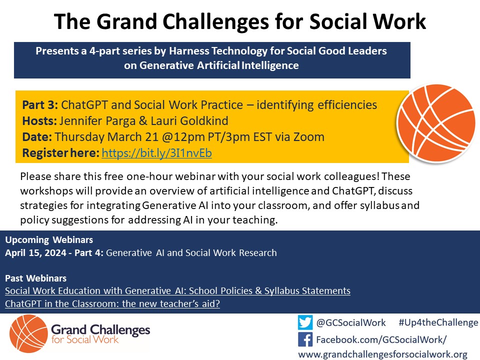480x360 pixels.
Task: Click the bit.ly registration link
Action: [156, 153]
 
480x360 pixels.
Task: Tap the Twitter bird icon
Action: [305, 322]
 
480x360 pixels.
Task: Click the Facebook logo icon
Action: [305, 340]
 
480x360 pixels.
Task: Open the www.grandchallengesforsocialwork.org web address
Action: [382, 354]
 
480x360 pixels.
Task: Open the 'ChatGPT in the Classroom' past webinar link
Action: [112, 303]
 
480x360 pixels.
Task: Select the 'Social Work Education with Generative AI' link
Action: [177, 290]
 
